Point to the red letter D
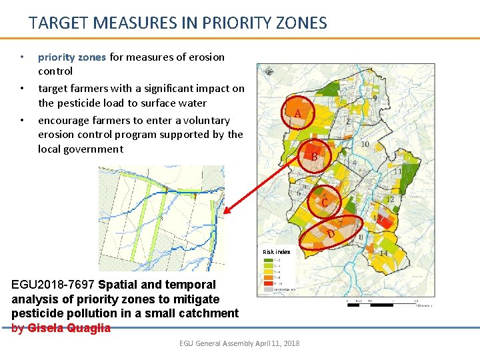click(x=331, y=234)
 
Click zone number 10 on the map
click(x=365, y=144)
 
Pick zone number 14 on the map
click(x=383, y=253)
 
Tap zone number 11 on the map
click(x=397, y=171)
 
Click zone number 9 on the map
click(x=376, y=98)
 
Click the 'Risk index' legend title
click(x=276, y=252)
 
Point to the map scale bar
click(x=391, y=304)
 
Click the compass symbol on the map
click(x=267, y=71)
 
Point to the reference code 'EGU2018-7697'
click(x=53, y=285)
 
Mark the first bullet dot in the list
click(x=22, y=57)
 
